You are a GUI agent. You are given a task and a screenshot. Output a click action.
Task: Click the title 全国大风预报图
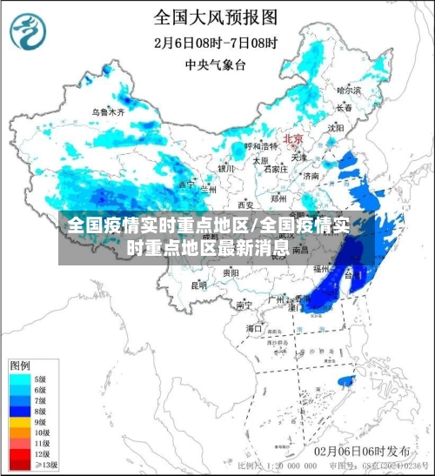pyautogui.click(x=216, y=17)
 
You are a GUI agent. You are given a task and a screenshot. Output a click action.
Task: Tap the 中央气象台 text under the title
pyautogui.click(x=216, y=63)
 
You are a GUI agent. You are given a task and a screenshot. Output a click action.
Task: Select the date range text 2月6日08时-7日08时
pyautogui.click(x=216, y=40)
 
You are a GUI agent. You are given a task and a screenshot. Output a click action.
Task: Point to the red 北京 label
pyautogui.click(x=293, y=139)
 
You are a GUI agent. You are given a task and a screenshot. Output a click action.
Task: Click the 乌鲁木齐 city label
pyautogui.click(x=109, y=112)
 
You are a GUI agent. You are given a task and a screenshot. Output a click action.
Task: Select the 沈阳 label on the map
pyautogui.click(x=336, y=127)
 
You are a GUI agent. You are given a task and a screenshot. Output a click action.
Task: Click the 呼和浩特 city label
pyautogui.click(x=258, y=145)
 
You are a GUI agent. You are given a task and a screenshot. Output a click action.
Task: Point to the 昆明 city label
pyautogui.click(x=199, y=284)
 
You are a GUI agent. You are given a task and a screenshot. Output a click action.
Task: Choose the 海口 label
pyautogui.click(x=254, y=328)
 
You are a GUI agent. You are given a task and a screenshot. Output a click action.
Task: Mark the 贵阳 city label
pyautogui.click(x=231, y=272)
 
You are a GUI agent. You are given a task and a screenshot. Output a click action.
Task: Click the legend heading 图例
pyautogui.click(x=20, y=364)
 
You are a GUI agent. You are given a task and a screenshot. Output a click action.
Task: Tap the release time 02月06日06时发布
pyautogui.click(x=363, y=451)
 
